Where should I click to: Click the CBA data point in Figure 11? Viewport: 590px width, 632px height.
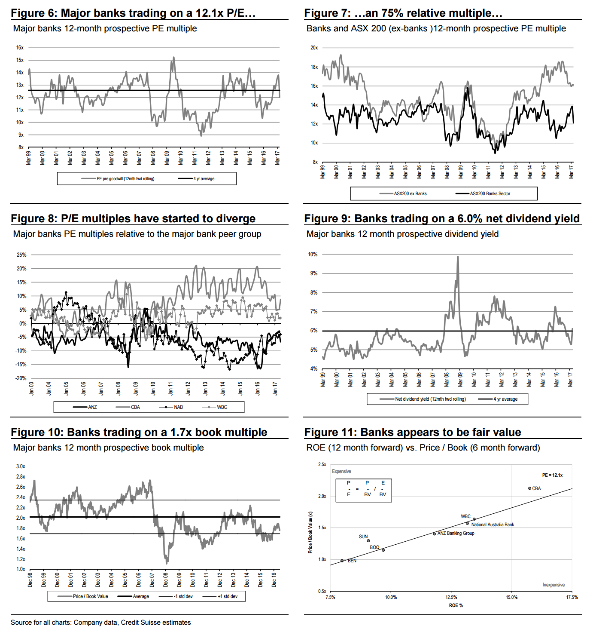point(529,488)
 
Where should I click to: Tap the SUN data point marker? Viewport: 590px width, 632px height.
point(368,541)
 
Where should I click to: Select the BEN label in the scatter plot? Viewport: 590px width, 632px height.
point(352,561)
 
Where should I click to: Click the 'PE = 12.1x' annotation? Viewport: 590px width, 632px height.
point(552,475)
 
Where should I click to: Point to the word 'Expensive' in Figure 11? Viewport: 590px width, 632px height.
point(341,471)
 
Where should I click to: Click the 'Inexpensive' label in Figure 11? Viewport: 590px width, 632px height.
point(554,585)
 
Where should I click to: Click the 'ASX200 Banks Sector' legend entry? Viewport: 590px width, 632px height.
point(490,193)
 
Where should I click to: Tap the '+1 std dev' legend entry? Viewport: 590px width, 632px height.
point(227,596)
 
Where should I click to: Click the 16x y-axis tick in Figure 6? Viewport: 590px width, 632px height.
point(20,48)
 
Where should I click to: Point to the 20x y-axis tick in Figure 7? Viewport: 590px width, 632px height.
point(314,48)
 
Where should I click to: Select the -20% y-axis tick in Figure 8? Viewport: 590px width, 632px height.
point(21,378)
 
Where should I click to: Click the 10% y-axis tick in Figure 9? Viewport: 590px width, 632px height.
point(313,255)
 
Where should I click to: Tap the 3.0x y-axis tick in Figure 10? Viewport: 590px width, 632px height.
point(21,466)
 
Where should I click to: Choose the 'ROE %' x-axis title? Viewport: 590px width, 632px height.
point(456,605)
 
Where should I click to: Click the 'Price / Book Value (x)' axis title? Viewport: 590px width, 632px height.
point(310,532)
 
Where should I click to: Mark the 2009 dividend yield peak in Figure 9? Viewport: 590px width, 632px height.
point(458,257)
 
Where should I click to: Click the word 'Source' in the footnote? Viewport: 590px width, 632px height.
point(21,623)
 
